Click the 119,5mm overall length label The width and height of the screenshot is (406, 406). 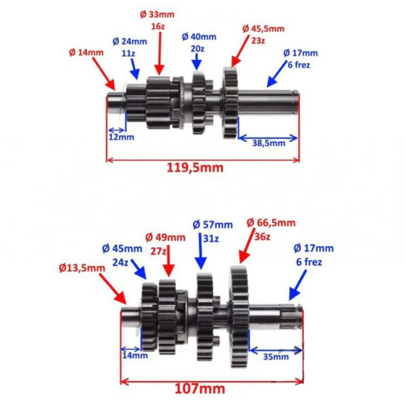194,168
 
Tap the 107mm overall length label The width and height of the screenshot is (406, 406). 200,389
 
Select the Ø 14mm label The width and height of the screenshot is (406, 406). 86,53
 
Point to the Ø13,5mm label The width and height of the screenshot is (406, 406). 82,269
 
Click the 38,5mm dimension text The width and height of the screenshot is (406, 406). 269,143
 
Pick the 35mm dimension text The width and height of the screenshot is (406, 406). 276,357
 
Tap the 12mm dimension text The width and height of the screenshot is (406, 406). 121,137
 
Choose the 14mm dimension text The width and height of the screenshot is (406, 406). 135,355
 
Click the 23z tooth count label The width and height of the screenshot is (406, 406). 258,41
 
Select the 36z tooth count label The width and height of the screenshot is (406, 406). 262,236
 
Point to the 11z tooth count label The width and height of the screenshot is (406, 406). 128,53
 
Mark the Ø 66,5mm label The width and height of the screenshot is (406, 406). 271,223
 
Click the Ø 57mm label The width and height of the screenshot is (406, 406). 212,225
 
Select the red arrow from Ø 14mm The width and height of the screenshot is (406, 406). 104,73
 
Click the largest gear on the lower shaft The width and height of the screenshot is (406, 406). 239,316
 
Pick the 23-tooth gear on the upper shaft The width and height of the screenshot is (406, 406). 230,103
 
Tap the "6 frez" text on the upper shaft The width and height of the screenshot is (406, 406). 298,65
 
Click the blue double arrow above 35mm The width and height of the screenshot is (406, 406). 276,350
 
